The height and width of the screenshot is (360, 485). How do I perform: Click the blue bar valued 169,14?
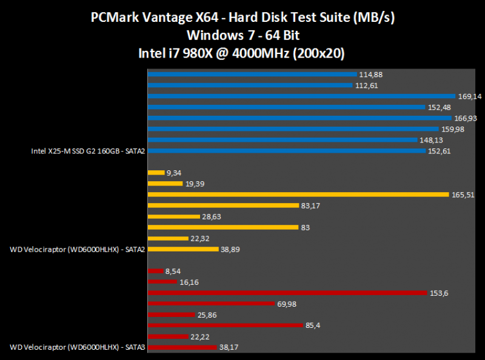coord(301,96)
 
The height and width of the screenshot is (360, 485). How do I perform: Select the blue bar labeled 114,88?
coord(252,75)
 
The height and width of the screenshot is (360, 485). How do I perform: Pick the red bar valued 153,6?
coord(287,293)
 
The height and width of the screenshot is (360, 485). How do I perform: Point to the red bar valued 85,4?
coord(225,325)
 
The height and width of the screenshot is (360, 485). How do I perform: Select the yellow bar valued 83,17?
coord(223,205)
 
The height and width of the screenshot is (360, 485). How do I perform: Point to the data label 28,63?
coord(214,216)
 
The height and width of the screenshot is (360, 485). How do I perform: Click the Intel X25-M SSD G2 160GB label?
coord(88,151)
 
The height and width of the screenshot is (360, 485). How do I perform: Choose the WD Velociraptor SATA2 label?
coord(78,249)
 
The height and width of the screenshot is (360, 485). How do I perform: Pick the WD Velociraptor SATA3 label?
coord(78,347)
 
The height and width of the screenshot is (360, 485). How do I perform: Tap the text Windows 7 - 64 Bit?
coord(242,35)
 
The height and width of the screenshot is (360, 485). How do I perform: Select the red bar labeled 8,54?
coord(156,271)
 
